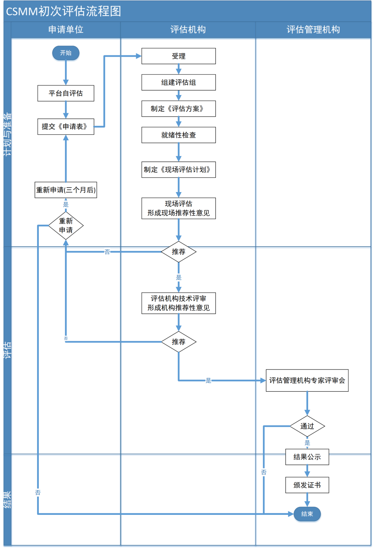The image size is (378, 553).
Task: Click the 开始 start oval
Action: pyautogui.click(x=66, y=53)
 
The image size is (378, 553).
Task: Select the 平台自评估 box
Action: pyautogui.click(x=66, y=93)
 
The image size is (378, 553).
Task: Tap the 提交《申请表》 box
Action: pyautogui.click(x=66, y=127)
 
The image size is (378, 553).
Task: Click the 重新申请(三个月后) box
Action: pyautogui.click(x=66, y=190)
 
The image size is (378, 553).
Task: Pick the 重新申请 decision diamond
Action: pyautogui.click(x=66, y=226)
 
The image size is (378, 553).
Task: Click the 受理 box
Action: pyautogui.click(x=178, y=56)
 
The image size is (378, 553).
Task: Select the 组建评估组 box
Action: pyautogui.click(x=178, y=83)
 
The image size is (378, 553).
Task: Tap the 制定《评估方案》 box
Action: pyautogui.click(x=178, y=109)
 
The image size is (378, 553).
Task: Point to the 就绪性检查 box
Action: pyautogui.click(x=178, y=135)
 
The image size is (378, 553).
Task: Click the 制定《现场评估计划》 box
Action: pyautogui.click(x=178, y=170)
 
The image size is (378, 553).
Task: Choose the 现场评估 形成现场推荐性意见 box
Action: pyautogui.click(x=178, y=208)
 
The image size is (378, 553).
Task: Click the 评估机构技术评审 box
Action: pyautogui.click(x=178, y=303)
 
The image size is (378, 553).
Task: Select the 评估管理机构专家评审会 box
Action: pyautogui.click(x=307, y=381)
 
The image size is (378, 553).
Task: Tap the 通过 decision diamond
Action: pyautogui.click(x=307, y=426)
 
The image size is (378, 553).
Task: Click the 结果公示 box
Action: pyautogui.click(x=307, y=457)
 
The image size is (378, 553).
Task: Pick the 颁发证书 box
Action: pyautogui.click(x=307, y=485)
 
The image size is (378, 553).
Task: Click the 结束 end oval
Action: pyautogui.click(x=307, y=514)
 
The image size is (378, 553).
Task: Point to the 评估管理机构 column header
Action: pyautogui.click(x=313, y=30)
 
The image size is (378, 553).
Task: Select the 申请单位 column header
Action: pyautogui.click(x=66, y=30)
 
